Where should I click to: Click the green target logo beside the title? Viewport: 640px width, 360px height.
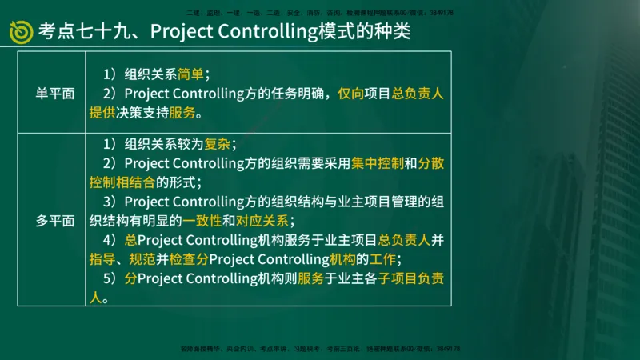(21, 31)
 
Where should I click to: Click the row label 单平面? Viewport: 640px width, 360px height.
(55, 93)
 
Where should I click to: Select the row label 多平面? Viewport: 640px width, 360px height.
(55, 221)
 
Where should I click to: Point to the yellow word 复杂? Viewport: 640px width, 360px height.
(218, 144)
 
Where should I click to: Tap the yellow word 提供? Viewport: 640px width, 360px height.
(102, 112)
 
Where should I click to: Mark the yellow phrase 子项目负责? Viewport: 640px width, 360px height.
(411, 278)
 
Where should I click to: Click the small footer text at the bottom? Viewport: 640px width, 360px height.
(320, 349)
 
